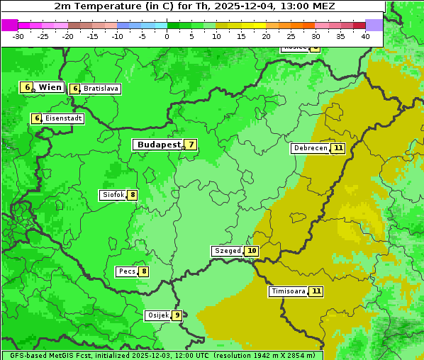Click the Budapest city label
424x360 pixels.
pos(158,145)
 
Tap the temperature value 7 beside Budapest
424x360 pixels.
pos(190,145)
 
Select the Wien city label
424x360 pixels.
pos(50,87)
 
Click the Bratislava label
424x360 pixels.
pos(100,89)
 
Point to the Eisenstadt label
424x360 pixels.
pos(63,118)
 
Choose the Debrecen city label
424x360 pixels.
pos(310,149)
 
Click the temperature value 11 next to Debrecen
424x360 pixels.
pos(338,149)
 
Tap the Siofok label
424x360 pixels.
pos(113,195)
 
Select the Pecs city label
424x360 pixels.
pos(127,271)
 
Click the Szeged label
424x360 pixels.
pos(228,251)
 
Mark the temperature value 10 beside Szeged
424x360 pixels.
pos(252,251)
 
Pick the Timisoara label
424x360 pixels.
pos(288,291)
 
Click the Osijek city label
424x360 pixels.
pos(157,315)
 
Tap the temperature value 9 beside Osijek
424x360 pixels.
pos(177,315)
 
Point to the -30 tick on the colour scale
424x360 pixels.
pos(18,36)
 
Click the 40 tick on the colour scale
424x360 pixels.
pos(365,36)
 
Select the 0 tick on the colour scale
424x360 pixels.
pos(167,36)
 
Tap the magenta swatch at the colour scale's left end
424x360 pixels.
pos(9,25)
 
